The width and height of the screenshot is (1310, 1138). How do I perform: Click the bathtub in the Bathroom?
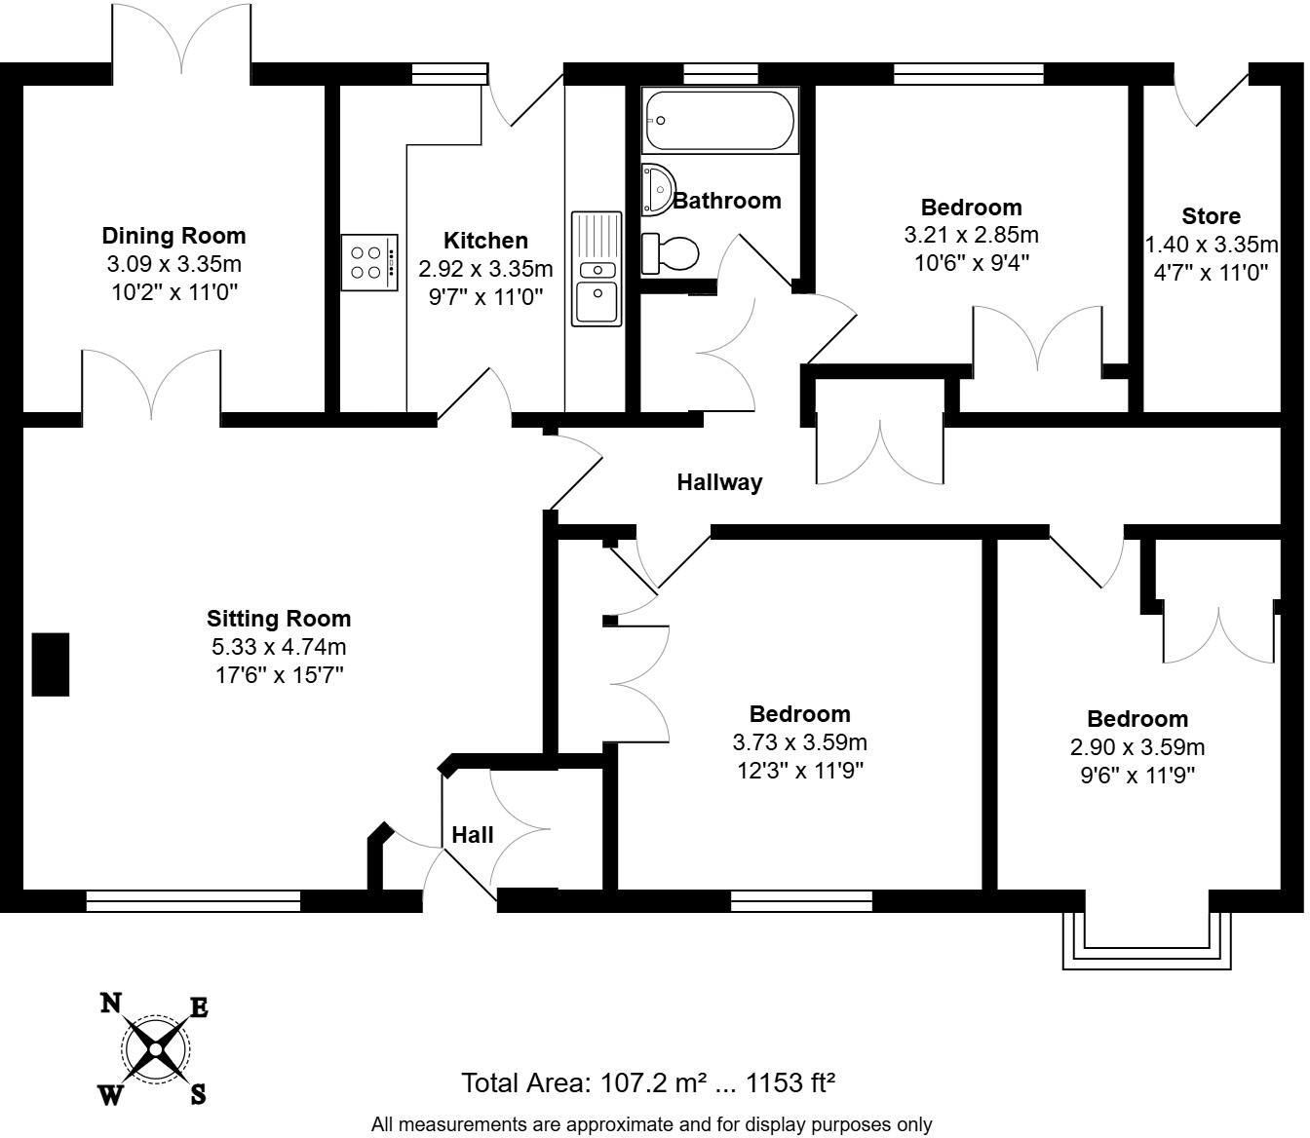pos(719,121)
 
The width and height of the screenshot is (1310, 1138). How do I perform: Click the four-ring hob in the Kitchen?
pos(369,262)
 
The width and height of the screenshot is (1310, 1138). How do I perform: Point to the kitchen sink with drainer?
pos(597,268)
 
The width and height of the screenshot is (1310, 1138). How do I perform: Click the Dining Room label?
pos(173,236)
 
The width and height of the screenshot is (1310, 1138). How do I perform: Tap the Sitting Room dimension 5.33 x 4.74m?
pos(279,647)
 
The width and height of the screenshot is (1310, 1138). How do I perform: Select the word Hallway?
pos(719,482)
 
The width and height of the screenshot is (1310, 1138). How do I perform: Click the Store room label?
pos(1211,216)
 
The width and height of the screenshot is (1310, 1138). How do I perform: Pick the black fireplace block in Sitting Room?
pos(51,664)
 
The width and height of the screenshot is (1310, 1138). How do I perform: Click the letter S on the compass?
pos(198,1094)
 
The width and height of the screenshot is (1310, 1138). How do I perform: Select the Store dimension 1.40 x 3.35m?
pos(1211,245)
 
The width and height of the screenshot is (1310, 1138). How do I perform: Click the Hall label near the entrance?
pos(472,835)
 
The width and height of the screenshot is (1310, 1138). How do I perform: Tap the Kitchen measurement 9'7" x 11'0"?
pos(485,297)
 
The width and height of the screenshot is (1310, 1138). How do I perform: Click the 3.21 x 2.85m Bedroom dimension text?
pos(971,235)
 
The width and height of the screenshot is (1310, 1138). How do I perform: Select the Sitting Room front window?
pos(193,901)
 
